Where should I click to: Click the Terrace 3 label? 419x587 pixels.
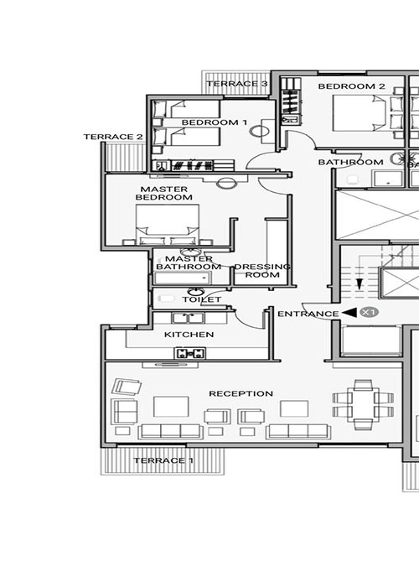(237, 84)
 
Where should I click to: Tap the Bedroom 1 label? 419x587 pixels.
(215, 122)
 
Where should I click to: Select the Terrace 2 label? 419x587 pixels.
(113, 137)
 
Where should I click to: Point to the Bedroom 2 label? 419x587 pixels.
(351, 86)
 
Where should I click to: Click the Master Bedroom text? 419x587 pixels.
(164, 193)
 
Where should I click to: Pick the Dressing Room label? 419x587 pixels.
(262, 271)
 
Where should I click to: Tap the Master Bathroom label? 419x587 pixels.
(189, 262)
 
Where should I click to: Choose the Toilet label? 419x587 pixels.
(202, 299)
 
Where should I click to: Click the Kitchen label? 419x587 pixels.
(189, 335)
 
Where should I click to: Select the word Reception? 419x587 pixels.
(241, 393)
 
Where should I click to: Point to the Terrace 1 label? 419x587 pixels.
(163, 460)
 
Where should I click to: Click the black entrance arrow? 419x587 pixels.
(349, 313)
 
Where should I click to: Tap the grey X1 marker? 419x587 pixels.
(370, 312)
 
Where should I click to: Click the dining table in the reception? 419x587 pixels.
(363, 405)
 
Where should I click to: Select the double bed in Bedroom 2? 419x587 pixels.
(360, 113)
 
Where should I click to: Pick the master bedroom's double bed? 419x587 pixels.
(168, 224)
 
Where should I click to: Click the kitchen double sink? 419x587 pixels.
(189, 319)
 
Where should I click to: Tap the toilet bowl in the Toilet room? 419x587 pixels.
(167, 299)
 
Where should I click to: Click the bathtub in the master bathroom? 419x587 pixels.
(183, 278)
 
